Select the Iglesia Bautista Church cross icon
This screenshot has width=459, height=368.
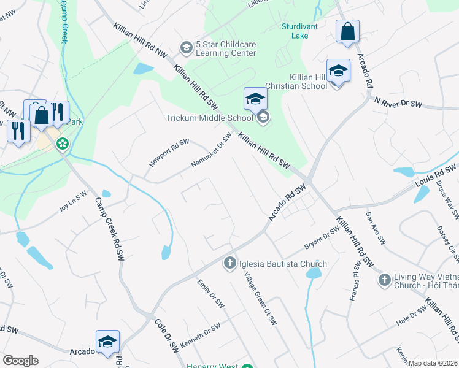click(x=230, y=264)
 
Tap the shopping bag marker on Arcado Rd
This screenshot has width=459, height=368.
click(x=347, y=33)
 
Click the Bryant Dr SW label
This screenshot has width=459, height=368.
click(x=322, y=238)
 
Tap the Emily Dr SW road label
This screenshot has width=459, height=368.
click(x=210, y=293)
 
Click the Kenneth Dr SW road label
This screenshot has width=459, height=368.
click(x=200, y=334)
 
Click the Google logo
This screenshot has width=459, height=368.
click(x=20, y=360)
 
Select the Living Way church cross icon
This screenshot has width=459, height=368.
click(x=384, y=280)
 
